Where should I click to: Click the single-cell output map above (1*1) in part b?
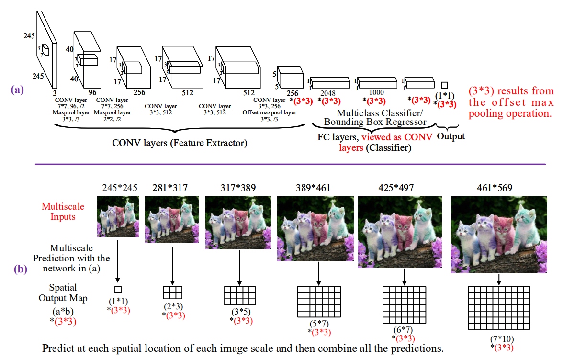coord(118,289)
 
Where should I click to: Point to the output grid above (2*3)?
coord(173,292)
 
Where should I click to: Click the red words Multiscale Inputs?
coord(63,211)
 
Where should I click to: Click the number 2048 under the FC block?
coord(328,93)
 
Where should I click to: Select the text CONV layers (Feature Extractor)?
coord(180,143)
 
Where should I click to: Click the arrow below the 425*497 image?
coord(405,276)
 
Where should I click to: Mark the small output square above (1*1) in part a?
coord(444,85)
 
